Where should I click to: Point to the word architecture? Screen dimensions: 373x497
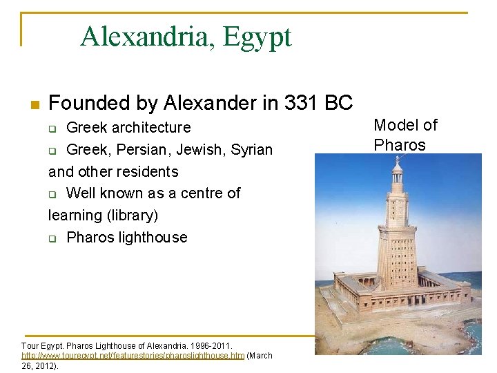pos(150,128)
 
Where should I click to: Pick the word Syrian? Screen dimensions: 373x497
pos(252,150)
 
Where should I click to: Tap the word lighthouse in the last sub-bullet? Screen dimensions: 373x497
pos(153,238)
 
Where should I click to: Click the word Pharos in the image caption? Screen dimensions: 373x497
pos(399,145)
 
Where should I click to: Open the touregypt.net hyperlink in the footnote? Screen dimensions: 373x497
pos(133,356)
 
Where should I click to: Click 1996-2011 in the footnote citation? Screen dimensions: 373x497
pos(209,345)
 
